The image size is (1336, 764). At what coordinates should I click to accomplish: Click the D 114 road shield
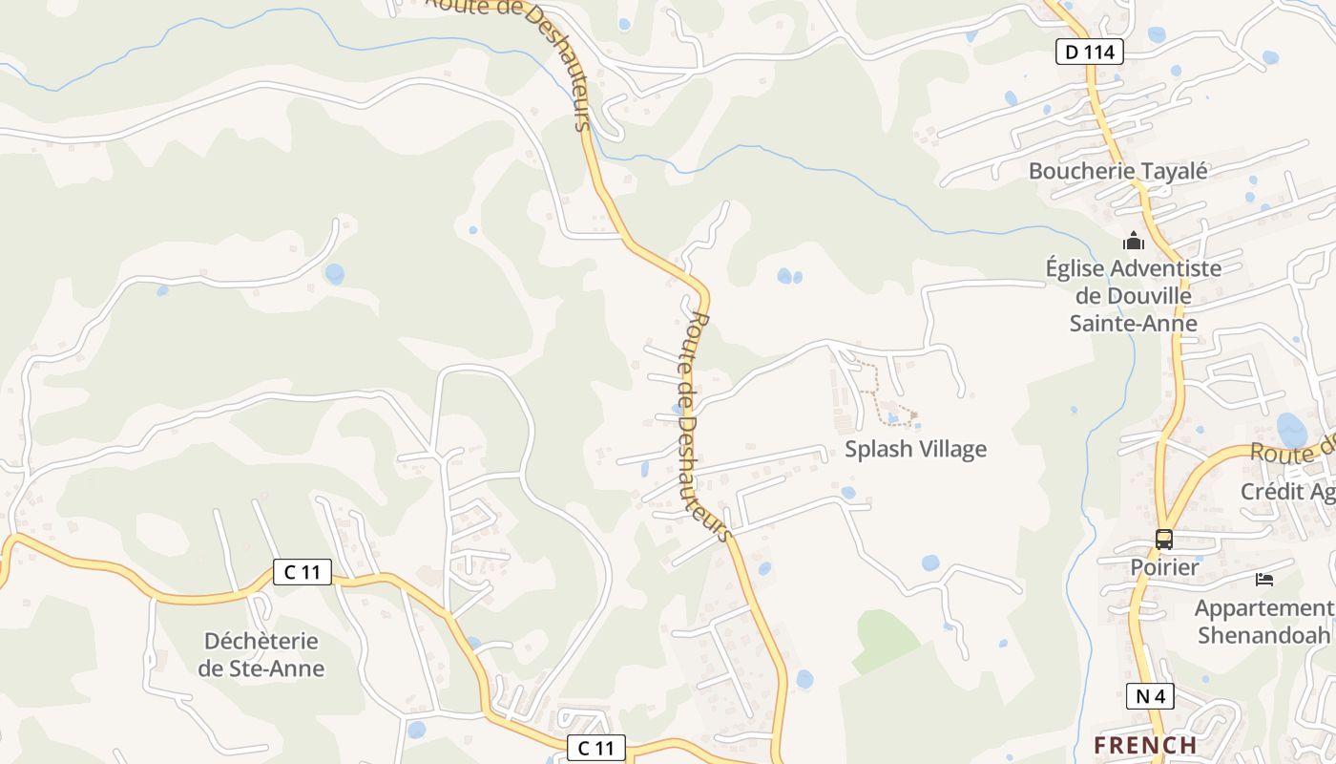pyautogui.click(x=1089, y=52)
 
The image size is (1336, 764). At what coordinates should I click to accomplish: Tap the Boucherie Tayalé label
pyautogui.click(x=1117, y=171)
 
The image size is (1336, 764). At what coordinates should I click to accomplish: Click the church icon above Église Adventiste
pyautogui.click(x=1134, y=241)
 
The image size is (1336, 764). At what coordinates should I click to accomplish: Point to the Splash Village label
pyautogui.click(x=915, y=449)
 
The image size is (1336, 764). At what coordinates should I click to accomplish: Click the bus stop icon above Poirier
pyautogui.click(x=1164, y=539)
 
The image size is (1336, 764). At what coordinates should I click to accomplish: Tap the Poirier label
pyautogui.click(x=1164, y=567)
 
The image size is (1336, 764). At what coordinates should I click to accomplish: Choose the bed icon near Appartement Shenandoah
pyautogui.click(x=1264, y=579)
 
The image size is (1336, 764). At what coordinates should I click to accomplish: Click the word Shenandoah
pyautogui.click(x=1263, y=635)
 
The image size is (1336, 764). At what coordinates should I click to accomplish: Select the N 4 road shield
pyautogui.click(x=1150, y=696)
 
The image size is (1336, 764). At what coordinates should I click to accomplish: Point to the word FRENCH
pyautogui.click(x=1145, y=745)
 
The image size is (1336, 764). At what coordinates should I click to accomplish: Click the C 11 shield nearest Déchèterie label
pyautogui.click(x=303, y=572)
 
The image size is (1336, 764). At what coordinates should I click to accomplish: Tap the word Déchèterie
pyautogui.click(x=261, y=640)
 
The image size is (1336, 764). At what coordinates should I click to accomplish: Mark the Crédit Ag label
pyautogui.click(x=1287, y=492)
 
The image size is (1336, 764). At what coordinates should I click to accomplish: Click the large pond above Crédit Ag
pyautogui.click(x=1292, y=429)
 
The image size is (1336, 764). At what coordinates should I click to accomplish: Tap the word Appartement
pyautogui.click(x=1263, y=608)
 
